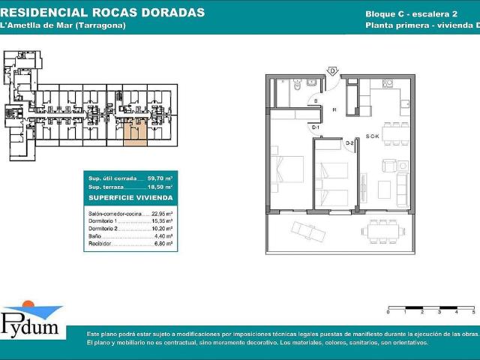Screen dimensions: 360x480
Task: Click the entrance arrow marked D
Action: click(331, 71)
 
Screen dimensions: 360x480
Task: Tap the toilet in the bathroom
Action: click(298, 86)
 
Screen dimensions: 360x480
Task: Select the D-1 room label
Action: click(316, 127)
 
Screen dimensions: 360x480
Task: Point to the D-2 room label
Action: click(349, 142)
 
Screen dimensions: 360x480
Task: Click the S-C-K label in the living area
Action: click(373, 136)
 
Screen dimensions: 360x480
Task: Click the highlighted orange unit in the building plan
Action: click(134, 133)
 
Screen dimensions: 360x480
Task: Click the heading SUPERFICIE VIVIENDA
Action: click(131, 198)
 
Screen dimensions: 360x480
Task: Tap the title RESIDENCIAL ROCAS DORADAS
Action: click(104, 13)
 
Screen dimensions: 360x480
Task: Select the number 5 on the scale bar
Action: click(473, 310)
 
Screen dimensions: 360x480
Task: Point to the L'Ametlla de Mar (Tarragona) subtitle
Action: click(64, 25)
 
